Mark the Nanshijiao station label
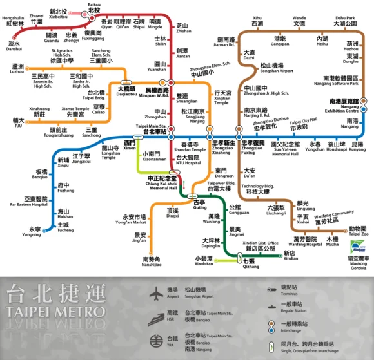(152, 261)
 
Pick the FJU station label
(17, 122)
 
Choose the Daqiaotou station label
(126, 91)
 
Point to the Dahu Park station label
(350, 24)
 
